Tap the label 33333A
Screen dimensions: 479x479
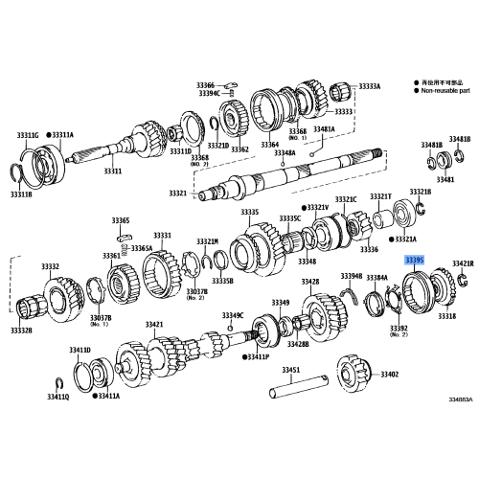(x=370, y=86)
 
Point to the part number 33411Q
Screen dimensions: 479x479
(x=32, y=395)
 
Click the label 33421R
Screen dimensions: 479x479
(x=463, y=262)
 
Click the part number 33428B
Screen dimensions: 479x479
(x=297, y=343)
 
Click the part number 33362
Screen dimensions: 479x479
(x=239, y=149)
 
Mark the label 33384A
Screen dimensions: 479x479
(x=376, y=278)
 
